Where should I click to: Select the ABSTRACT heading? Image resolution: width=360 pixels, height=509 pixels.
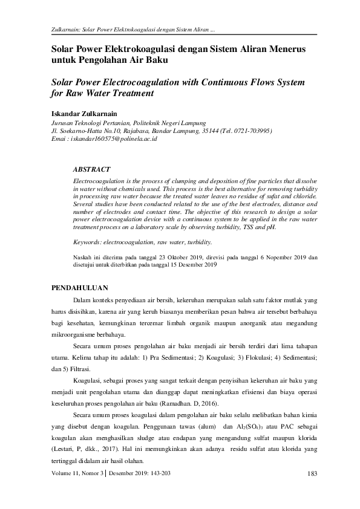click(x=91, y=170)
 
